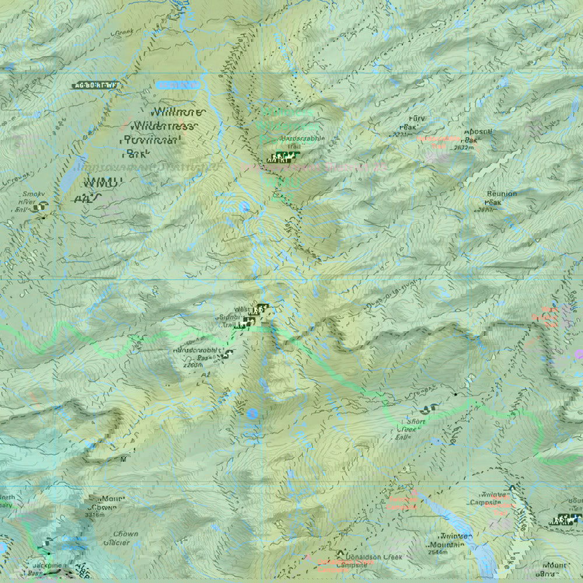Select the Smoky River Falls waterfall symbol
[x=42, y=206]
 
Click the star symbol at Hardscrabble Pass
[x=229, y=353]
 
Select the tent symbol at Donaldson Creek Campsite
[x=340, y=553]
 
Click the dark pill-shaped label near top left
[x=96, y=85]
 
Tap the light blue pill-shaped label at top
[x=178, y=85]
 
